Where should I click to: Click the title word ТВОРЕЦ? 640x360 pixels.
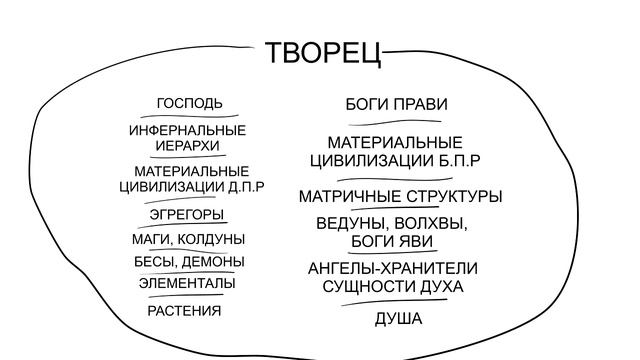[323, 52]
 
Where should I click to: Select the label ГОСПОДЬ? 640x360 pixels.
[189, 103]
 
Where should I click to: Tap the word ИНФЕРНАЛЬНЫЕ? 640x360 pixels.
[187, 130]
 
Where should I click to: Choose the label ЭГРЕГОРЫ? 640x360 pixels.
[187, 214]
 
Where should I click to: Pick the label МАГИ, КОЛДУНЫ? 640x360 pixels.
[188, 239]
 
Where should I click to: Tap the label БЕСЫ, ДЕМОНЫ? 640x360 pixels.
[189, 262]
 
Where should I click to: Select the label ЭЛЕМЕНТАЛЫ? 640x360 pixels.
[188, 283]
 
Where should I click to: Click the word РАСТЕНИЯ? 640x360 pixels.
[184, 310]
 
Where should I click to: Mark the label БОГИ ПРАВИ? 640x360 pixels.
[396, 104]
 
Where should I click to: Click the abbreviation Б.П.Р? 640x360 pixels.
[459, 160]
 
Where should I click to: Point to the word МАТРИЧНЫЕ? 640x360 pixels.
[349, 196]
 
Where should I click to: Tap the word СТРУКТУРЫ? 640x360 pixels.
[453, 196]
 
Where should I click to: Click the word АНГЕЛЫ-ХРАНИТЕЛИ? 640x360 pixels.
[392, 268]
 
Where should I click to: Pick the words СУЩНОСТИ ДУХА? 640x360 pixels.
[392, 287]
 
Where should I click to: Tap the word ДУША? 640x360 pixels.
[398, 319]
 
